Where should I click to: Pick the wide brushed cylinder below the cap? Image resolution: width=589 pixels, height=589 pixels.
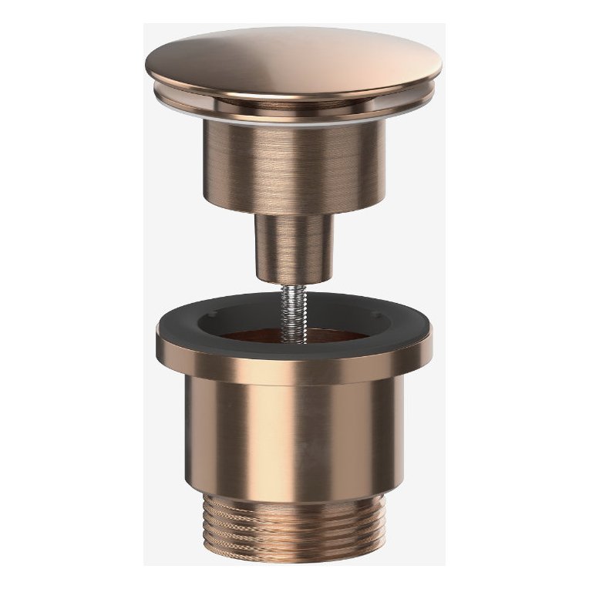pos(294,166)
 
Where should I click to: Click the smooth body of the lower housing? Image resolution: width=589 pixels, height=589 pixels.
pos(294,439)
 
